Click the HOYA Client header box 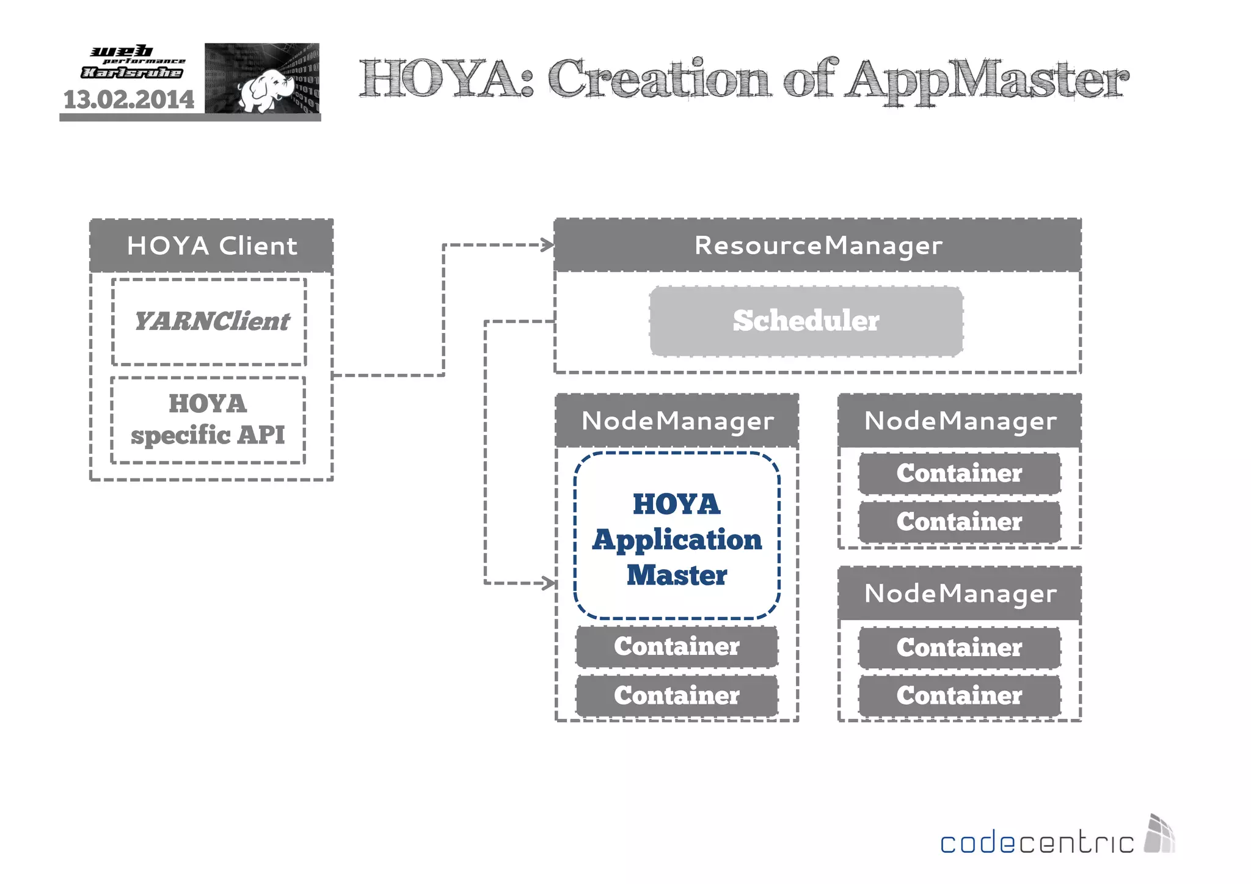[211, 246]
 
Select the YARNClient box [210, 322]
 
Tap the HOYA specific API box [208, 420]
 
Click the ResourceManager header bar [817, 245]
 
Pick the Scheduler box [806, 321]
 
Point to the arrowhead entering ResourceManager [548, 245]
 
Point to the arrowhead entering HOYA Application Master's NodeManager [549, 583]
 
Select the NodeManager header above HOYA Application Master [677, 421]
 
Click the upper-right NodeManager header [960, 421]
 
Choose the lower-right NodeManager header [960, 593]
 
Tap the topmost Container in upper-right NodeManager [959, 473]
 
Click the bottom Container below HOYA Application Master [677, 696]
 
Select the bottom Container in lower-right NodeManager [959, 696]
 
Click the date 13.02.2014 [129, 100]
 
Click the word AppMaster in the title [987, 80]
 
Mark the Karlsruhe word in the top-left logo [132, 73]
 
